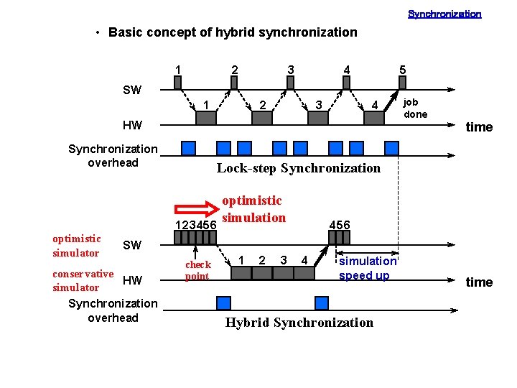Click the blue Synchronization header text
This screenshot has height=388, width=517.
click(444, 14)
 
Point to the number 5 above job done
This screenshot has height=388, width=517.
click(403, 70)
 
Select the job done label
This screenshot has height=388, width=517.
click(415, 108)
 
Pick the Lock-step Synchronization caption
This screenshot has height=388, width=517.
click(298, 168)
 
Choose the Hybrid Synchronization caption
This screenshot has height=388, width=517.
click(299, 323)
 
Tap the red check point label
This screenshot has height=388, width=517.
click(197, 270)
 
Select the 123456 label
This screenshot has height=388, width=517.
click(196, 226)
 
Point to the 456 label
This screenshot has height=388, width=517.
click(339, 225)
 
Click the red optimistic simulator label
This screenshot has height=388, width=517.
click(76, 246)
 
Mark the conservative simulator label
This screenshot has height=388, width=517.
click(83, 280)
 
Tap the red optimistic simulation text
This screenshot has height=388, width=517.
click(253, 209)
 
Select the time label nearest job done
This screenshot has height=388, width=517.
click(479, 127)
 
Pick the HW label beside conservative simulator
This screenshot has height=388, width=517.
click(132, 280)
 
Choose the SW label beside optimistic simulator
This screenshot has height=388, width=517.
click(132, 246)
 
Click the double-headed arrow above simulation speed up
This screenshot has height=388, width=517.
click(367, 253)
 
